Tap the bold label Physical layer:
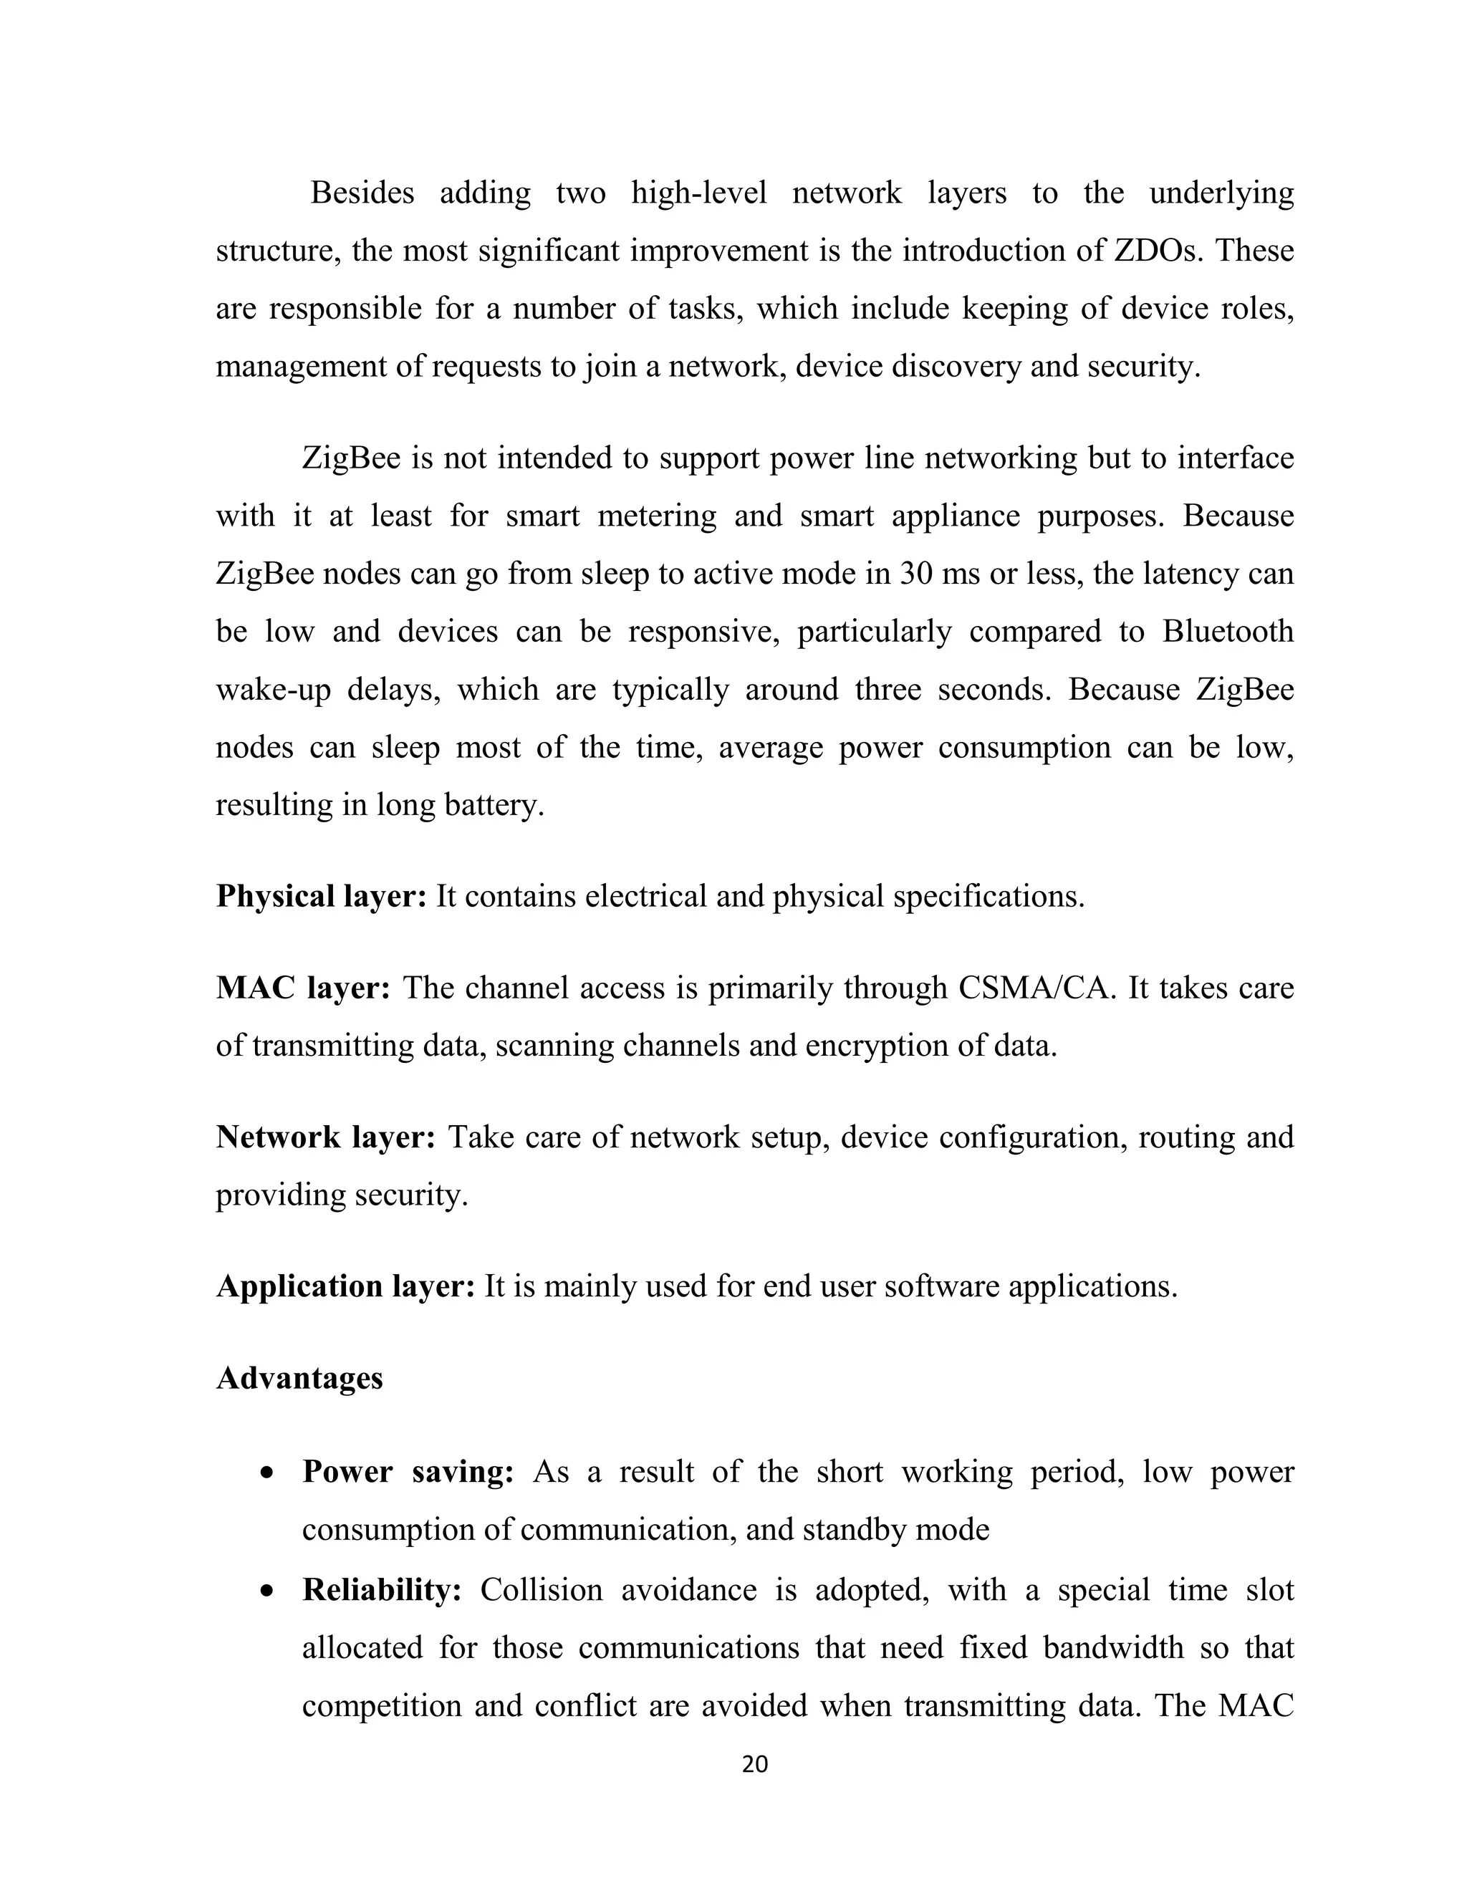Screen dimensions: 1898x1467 click(x=321, y=896)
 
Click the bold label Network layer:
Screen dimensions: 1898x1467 click(x=325, y=1137)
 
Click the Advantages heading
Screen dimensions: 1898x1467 click(x=299, y=1378)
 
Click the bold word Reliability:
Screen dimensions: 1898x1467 click(x=382, y=1590)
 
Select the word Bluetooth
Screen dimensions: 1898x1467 click(x=1227, y=632)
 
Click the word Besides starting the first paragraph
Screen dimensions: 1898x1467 click(x=362, y=193)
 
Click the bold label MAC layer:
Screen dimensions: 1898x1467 click(x=302, y=988)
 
